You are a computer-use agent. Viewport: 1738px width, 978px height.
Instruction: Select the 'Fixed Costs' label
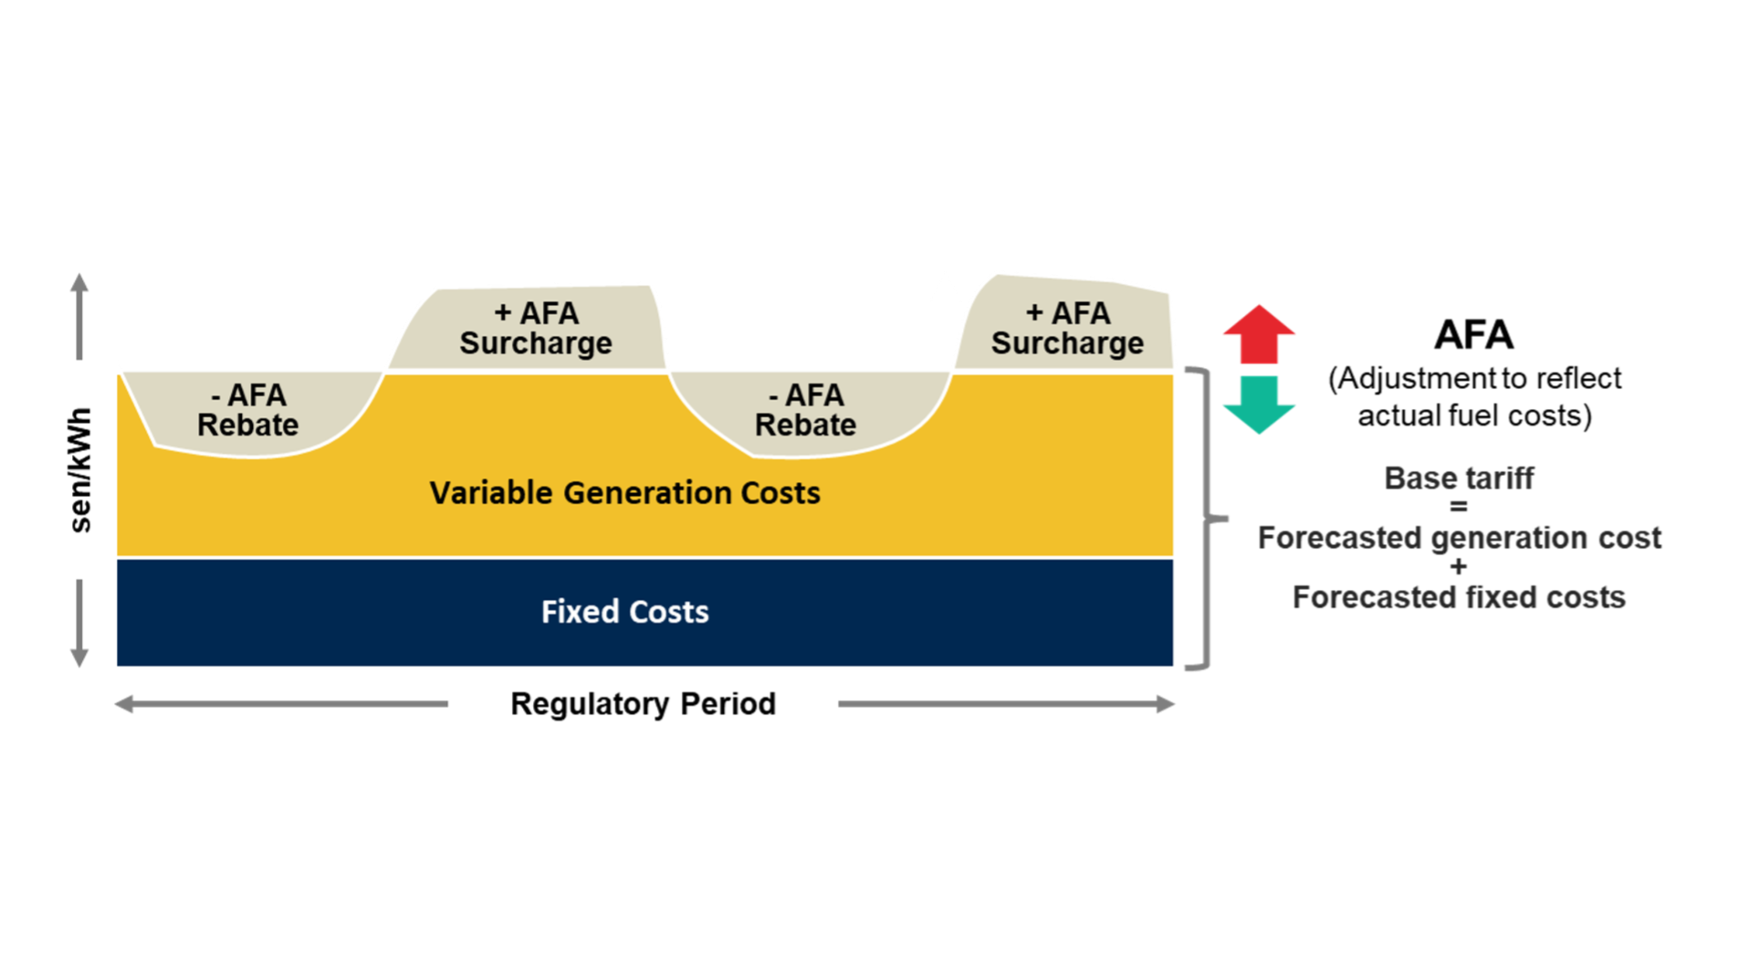click(624, 611)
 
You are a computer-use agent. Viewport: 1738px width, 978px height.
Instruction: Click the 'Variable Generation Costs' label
click(624, 493)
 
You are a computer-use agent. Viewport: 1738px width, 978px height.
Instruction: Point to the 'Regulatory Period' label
click(643, 703)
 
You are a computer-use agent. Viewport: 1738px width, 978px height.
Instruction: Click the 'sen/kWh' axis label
click(81, 469)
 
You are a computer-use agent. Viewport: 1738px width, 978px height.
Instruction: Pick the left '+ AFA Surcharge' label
click(536, 328)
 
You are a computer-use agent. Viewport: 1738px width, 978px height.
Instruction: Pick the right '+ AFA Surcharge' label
click(1067, 328)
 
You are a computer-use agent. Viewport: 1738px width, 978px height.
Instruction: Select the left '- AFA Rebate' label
click(248, 410)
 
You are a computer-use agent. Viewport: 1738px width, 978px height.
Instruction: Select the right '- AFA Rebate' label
click(805, 410)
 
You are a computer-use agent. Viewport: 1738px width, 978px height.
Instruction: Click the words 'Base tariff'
click(1459, 478)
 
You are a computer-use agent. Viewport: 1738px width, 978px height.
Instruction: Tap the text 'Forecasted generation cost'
click(1459, 538)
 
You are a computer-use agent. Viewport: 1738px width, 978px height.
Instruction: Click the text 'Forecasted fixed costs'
click(1459, 597)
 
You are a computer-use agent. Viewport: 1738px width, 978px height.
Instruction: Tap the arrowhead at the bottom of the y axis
click(79, 657)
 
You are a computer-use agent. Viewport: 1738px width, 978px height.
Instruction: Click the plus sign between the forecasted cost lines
click(1459, 567)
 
